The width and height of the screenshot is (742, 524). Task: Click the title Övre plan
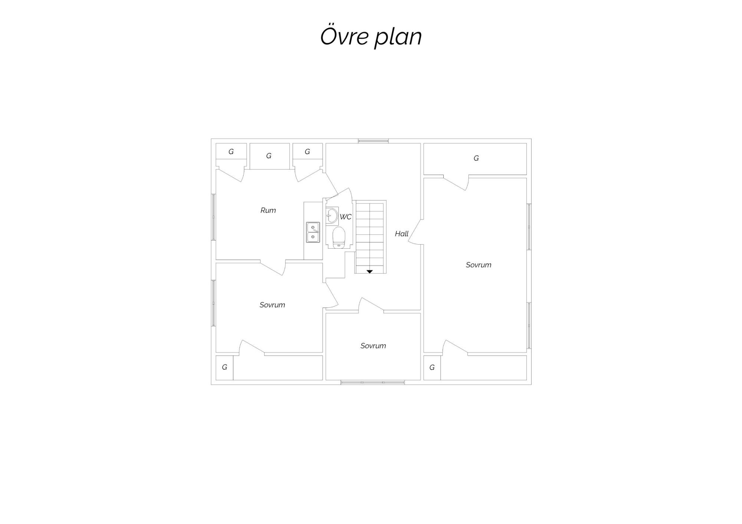click(371, 36)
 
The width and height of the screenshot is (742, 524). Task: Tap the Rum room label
click(268, 210)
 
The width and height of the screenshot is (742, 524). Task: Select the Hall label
click(401, 233)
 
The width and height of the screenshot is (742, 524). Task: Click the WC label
click(345, 217)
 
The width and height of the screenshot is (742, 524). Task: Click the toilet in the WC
click(339, 238)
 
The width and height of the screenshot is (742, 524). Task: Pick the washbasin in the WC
click(332, 215)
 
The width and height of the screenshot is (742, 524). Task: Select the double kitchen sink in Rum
click(313, 232)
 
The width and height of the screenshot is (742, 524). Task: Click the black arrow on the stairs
click(370, 272)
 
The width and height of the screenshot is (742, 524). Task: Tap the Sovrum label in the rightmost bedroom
click(478, 265)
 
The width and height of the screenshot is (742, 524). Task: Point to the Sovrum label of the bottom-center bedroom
click(373, 346)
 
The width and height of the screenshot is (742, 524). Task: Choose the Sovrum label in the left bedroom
click(272, 305)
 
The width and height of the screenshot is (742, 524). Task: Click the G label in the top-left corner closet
click(231, 152)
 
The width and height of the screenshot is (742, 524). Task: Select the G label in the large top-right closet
click(476, 158)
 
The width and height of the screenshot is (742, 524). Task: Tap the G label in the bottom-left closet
click(224, 367)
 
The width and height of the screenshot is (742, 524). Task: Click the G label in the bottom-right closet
click(432, 368)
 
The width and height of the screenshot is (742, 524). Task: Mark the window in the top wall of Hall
click(373, 141)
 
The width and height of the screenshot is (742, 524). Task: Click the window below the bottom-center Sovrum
click(372, 382)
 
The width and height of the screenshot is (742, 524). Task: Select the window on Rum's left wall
click(213, 217)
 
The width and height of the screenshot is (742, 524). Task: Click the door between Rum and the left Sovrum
click(273, 268)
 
